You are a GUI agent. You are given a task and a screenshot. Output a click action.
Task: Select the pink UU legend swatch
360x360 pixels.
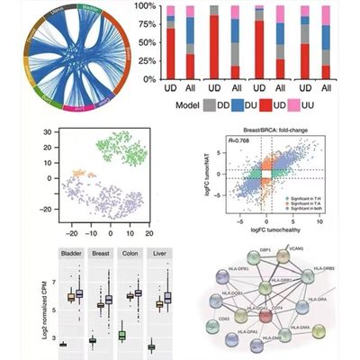pyautogui.click(x=307, y=104)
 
